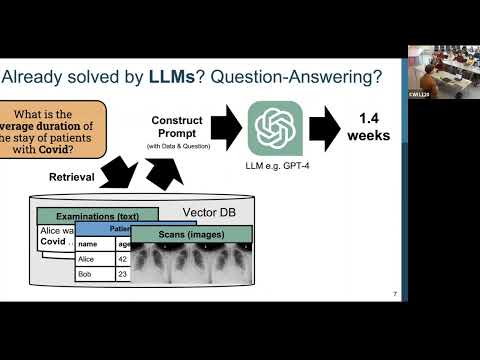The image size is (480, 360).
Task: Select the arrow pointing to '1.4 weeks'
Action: [x=325, y=128]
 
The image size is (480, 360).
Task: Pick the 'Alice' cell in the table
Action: [x=91, y=257]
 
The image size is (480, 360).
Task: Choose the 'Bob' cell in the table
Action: [x=88, y=273]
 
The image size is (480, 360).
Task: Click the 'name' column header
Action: [x=90, y=243]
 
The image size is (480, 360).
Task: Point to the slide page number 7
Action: [x=396, y=294]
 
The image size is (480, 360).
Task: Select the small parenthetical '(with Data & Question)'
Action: [x=177, y=147]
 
